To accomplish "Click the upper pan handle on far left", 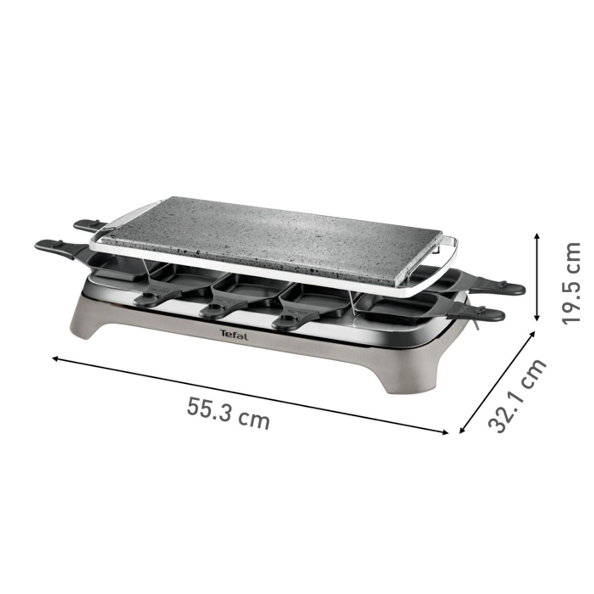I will (x=89, y=225).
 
